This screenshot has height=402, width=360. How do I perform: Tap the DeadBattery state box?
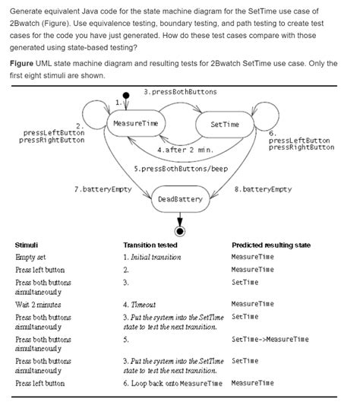tap(180, 199)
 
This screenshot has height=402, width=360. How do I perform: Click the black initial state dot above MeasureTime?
tap(126, 96)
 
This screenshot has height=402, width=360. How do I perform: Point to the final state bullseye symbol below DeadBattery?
tap(180, 229)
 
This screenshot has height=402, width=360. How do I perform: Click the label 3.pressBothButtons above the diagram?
tap(180, 92)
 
